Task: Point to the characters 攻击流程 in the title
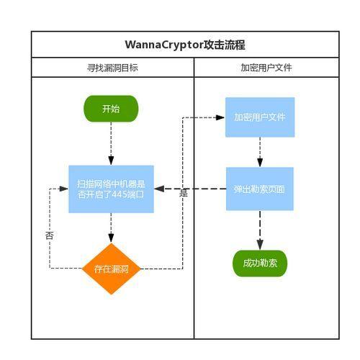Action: click(225, 45)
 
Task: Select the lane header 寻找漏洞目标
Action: click(112, 68)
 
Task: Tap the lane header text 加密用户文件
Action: click(266, 68)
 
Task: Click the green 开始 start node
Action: click(111, 109)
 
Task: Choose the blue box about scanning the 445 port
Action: click(111, 189)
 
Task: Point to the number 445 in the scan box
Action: click(121, 194)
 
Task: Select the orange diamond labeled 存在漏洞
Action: click(111, 269)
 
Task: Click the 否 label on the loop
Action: click(49, 235)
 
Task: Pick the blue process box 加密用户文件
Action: click(259, 117)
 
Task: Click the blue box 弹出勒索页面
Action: click(259, 189)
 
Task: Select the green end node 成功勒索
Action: click(259, 264)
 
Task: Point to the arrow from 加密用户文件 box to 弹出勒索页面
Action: click(259, 152)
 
